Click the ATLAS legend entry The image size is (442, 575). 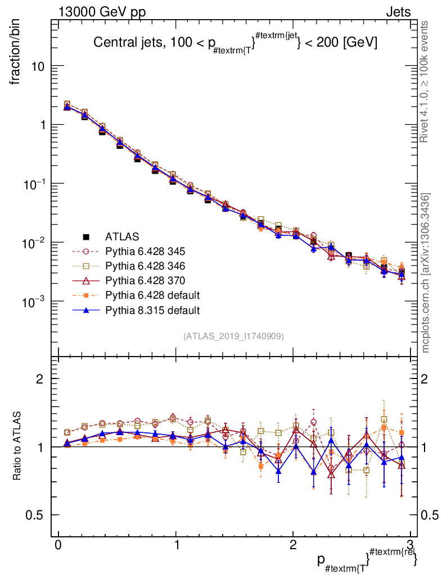tap(122, 236)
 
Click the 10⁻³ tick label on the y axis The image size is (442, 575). tap(34, 302)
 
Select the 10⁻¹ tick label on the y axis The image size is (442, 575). tap(34, 184)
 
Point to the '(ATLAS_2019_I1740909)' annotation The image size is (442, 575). tap(233, 336)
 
